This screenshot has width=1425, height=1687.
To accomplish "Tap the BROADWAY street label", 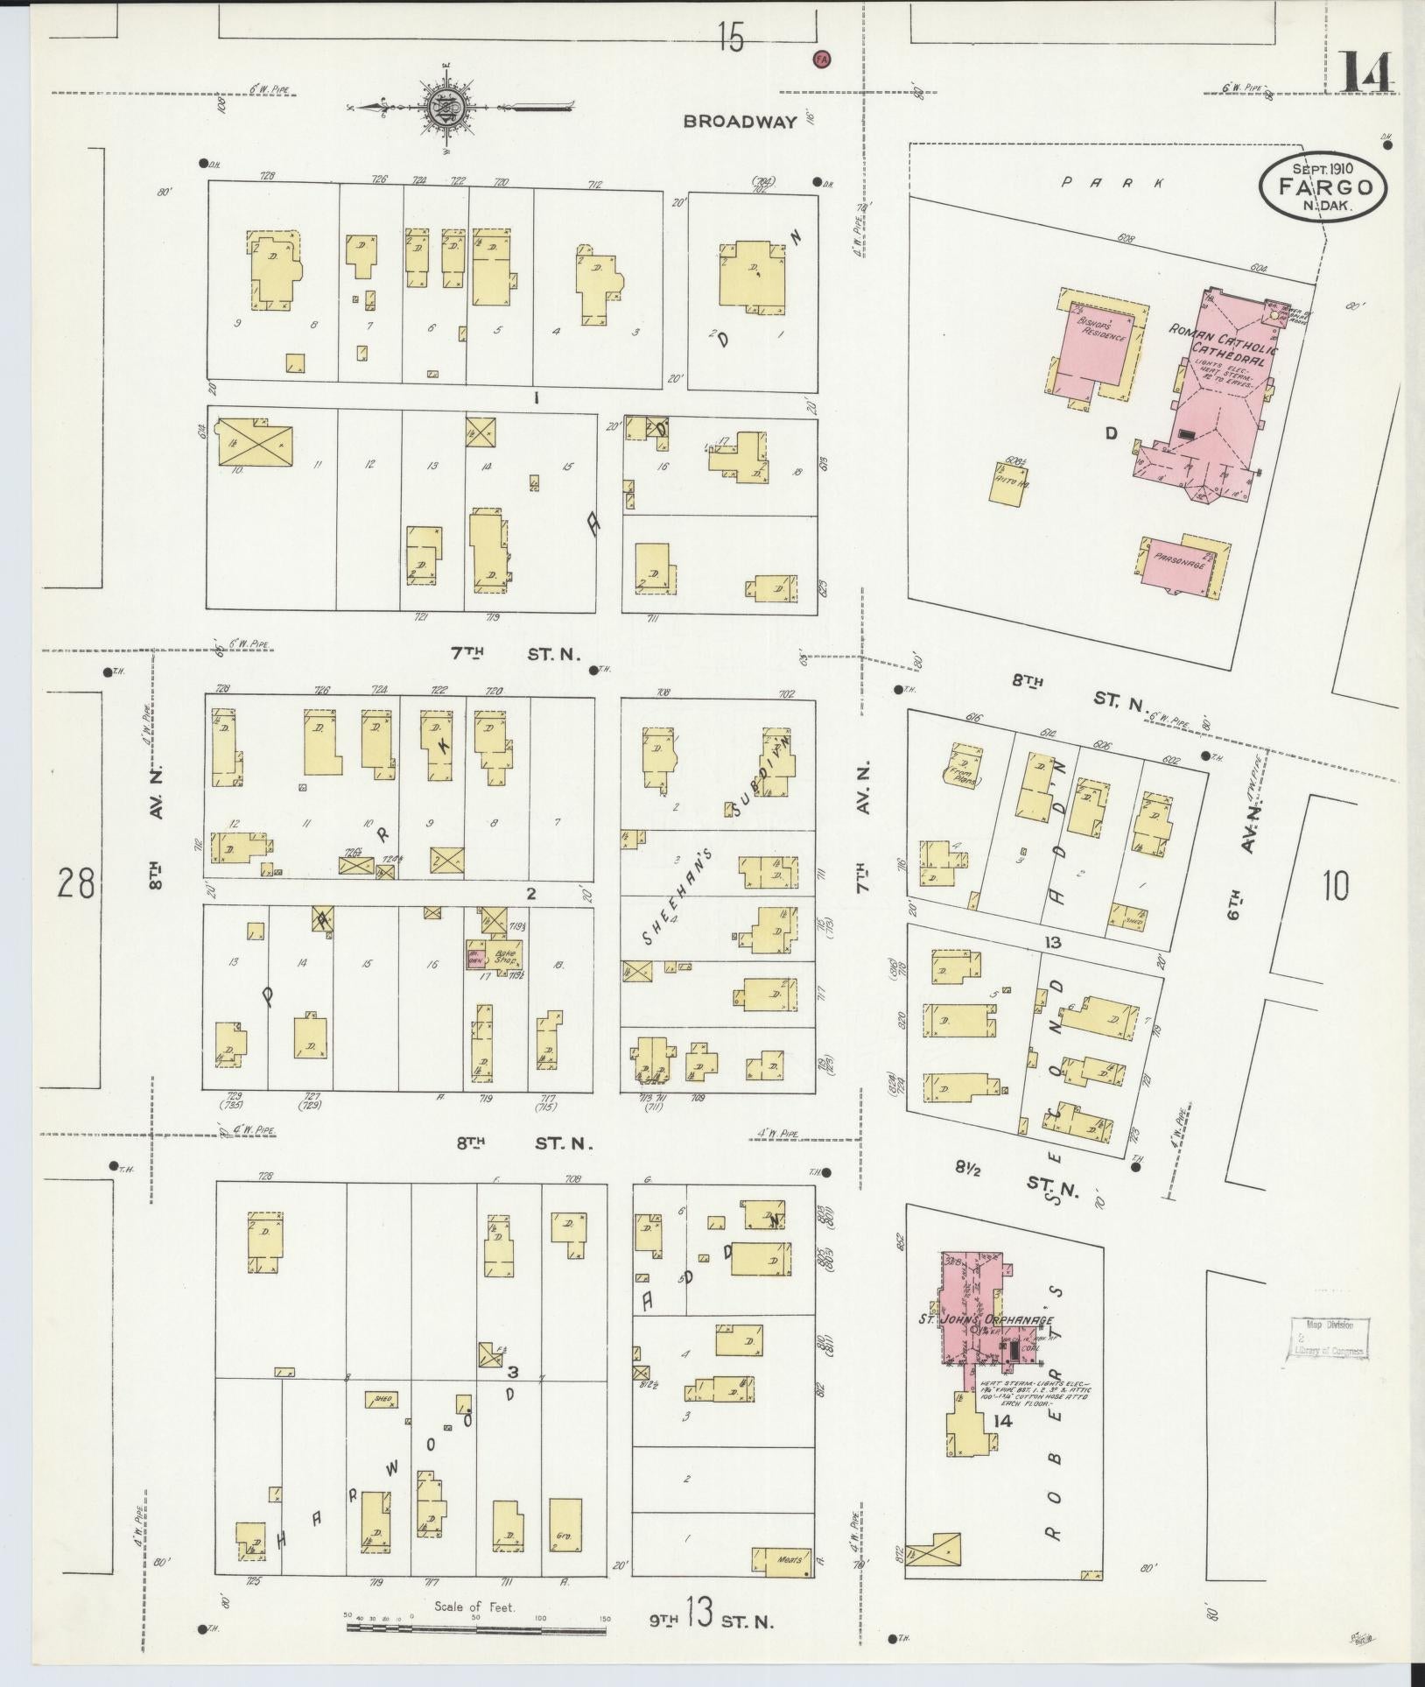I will pos(740,122).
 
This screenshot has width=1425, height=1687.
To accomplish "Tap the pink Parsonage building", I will pos(1180,565).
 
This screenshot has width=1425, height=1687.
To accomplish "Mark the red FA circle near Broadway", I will pos(821,59).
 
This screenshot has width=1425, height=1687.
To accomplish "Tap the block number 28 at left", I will pos(75,883).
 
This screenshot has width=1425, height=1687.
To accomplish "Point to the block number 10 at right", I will pos(1335,886).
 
